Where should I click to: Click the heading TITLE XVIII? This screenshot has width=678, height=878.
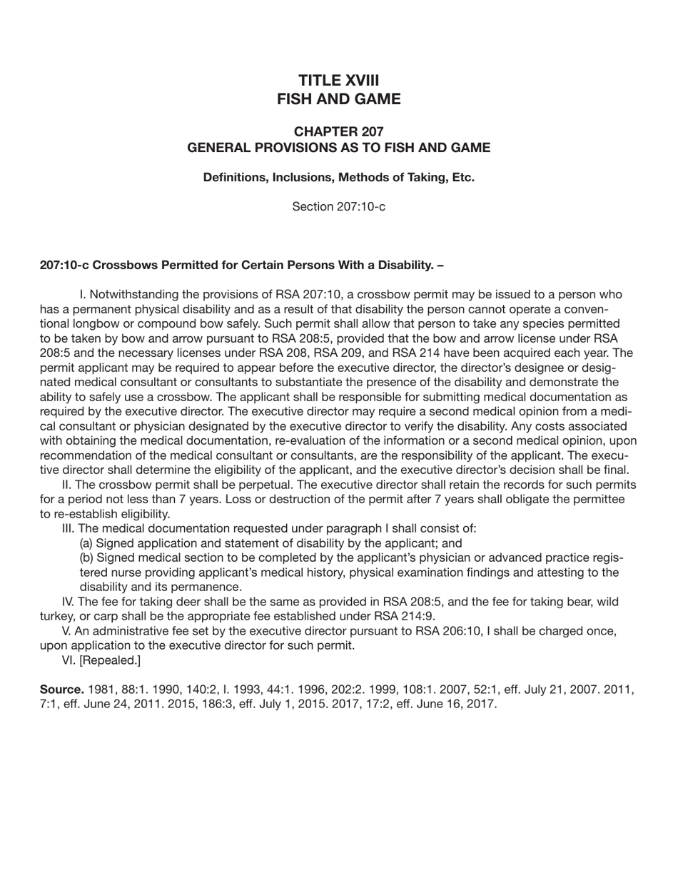click(x=338, y=80)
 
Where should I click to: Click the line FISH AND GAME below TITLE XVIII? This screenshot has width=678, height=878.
click(x=338, y=99)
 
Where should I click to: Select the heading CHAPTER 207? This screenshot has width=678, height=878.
click(x=338, y=131)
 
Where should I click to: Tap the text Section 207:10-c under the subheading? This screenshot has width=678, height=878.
click(x=338, y=207)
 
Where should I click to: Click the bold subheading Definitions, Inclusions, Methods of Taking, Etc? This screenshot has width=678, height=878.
click(x=338, y=177)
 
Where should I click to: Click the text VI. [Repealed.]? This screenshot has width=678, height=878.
click(x=101, y=660)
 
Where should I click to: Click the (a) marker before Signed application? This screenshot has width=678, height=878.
click(x=86, y=543)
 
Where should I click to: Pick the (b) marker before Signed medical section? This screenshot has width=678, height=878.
click(x=86, y=557)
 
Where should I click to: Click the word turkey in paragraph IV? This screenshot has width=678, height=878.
click(x=58, y=616)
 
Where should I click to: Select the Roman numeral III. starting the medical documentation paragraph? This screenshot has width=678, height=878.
click(x=69, y=529)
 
